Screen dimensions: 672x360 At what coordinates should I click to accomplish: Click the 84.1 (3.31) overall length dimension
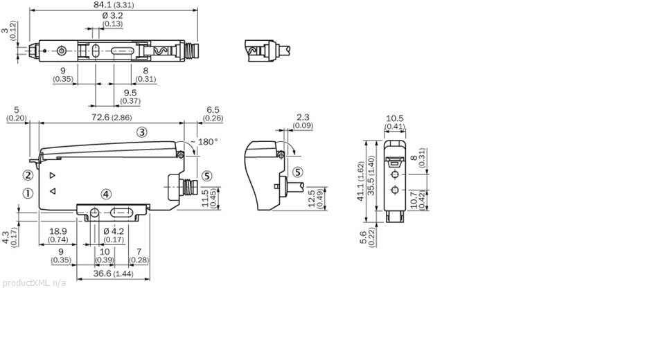click(114, 5)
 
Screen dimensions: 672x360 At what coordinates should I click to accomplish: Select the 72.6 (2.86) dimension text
click(112, 117)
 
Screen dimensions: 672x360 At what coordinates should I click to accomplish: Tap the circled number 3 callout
click(142, 132)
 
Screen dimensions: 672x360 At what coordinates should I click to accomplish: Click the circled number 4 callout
click(106, 195)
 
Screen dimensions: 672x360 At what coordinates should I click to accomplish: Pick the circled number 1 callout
click(28, 193)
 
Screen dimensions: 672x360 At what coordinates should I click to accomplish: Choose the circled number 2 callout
click(28, 175)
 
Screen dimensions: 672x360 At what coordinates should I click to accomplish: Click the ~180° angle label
click(204, 142)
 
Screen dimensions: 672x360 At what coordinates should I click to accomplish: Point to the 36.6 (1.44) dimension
click(113, 273)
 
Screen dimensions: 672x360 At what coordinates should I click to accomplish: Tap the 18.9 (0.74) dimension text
click(58, 235)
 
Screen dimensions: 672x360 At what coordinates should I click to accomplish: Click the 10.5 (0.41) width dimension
click(395, 122)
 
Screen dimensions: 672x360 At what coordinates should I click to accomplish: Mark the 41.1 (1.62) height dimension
click(360, 181)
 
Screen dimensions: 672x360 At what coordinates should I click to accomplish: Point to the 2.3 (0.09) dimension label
click(303, 121)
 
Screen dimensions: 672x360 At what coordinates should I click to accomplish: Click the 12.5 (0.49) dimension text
click(315, 198)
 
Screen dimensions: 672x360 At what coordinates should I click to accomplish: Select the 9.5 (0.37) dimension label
click(130, 97)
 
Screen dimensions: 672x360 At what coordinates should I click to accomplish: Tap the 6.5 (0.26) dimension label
click(213, 114)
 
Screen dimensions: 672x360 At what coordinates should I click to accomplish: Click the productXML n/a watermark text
click(34, 283)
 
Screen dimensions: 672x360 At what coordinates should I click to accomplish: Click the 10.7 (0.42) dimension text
click(418, 200)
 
